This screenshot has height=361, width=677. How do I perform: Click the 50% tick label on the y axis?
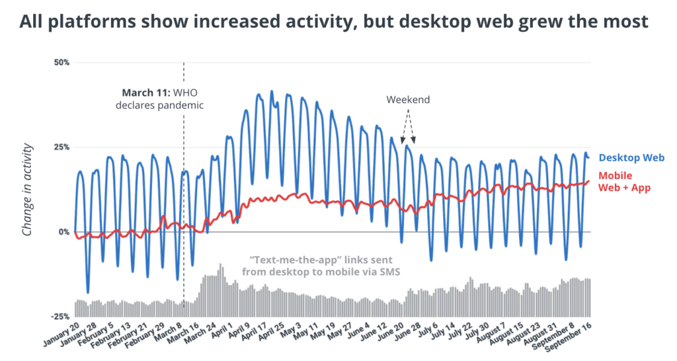click(61, 62)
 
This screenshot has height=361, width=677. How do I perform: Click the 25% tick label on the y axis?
click(61, 147)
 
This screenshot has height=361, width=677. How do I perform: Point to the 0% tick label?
click(63, 232)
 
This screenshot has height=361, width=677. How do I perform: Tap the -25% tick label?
click(60, 316)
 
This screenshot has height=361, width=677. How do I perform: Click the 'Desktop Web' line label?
click(631, 158)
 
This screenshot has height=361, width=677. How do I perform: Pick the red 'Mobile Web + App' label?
click(624, 182)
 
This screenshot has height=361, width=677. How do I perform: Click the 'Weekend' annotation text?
click(408, 100)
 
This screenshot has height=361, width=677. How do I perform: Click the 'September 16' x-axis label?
click(574, 335)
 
